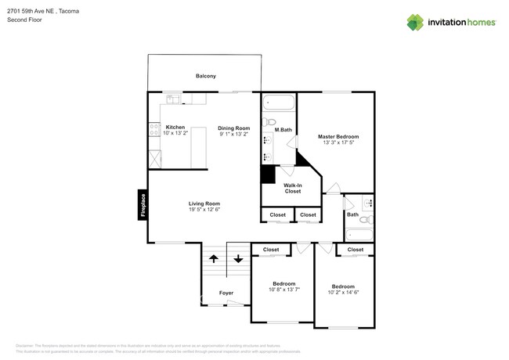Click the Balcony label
pos(205,76)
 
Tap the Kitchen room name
pos(175,127)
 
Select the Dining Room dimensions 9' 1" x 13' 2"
pos(233,134)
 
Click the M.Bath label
pos(283,130)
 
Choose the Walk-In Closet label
pos(292,188)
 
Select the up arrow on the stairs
pos(212,259)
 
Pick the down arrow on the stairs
pos(238,259)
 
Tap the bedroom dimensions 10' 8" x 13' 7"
pos(283,290)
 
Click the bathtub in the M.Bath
pos(278,103)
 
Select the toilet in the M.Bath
pos(269,121)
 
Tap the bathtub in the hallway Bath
pos(359,234)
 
